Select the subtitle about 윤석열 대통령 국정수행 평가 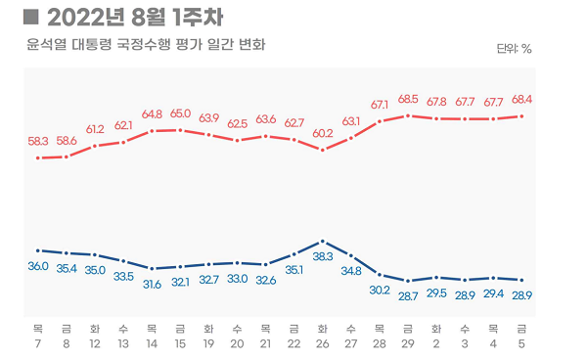click(146, 45)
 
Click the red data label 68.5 click(408, 99)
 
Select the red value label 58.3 click(37, 141)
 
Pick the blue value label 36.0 click(37, 266)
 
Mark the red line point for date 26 click(323, 151)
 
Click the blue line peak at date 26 click(323, 241)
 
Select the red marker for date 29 click(408, 115)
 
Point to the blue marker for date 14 click(152, 268)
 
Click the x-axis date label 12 click(95, 344)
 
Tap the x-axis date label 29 click(408, 344)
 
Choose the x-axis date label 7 click(37, 344)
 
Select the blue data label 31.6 click(152, 284)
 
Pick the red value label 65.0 click(180, 113)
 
